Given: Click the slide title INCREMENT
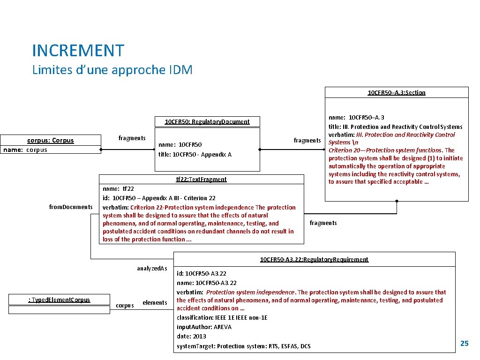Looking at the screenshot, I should click(78, 51).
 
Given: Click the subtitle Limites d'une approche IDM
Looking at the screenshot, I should click(112, 70).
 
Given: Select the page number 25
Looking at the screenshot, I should click(464, 344).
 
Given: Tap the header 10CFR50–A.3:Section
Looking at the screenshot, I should click(396, 93).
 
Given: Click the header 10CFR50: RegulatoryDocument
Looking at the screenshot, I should click(207, 122).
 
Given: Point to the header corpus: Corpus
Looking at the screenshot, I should click(51, 141).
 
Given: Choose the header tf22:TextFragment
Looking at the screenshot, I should click(201, 179).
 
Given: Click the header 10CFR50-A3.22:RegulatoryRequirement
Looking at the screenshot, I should click(314, 260).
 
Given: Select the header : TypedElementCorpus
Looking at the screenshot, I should click(59, 300).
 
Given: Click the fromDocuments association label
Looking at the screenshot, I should click(71, 207).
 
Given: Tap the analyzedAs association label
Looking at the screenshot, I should click(152, 269).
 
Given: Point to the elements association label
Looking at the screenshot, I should click(155, 303).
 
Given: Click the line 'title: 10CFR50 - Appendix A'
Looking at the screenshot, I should click(195, 155).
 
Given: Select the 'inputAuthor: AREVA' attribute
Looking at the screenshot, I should click(204, 327).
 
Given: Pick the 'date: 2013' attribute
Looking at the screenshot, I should click(191, 337).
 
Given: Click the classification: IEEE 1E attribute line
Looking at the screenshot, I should click(222, 318).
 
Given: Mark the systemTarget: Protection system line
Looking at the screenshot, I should click(243, 346).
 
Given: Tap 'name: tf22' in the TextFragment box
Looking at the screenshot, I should click(118, 189).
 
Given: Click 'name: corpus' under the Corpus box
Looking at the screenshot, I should click(25, 150).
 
